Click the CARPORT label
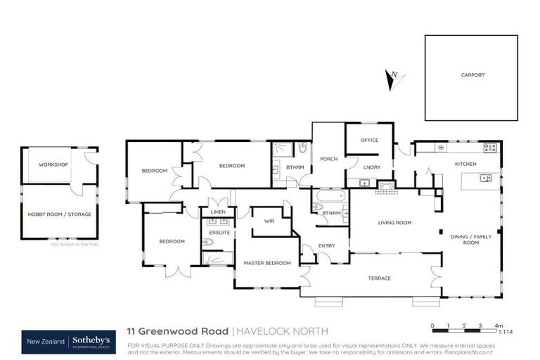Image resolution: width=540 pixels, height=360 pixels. pyautogui.click(x=472, y=75)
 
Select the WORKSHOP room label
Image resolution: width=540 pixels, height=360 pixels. pyautogui.click(x=53, y=165)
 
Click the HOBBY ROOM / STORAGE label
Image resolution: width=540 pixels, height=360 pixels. pyautogui.click(x=60, y=214)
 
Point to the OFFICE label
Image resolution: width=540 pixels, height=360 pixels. pyautogui.click(x=370, y=140)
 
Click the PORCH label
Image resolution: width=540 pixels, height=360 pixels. pyautogui.click(x=328, y=159)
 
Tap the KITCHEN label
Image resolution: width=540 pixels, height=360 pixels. pyautogui.click(x=465, y=164)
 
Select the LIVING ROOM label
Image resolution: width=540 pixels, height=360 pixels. pyautogui.click(x=394, y=223)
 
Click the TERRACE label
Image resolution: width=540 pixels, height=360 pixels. pyautogui.click(x=380, y=278)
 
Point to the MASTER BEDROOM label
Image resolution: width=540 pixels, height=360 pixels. pyautogui.click(x=267, y=263)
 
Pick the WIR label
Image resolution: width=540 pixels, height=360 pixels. pyautogui.click(x=268, y=221)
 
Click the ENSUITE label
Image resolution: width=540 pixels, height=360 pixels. pyautogui.click(x=219, y=231)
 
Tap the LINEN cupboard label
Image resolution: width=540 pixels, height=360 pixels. pyautogui.click(x=218, y=212)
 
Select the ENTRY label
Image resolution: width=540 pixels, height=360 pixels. pyautogui.click(x=326, y=245)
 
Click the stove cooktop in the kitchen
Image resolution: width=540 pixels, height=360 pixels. pyautogui.click(x=490, y=148)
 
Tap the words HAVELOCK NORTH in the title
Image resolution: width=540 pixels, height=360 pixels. pyautogui.click(x=281, y=330)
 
